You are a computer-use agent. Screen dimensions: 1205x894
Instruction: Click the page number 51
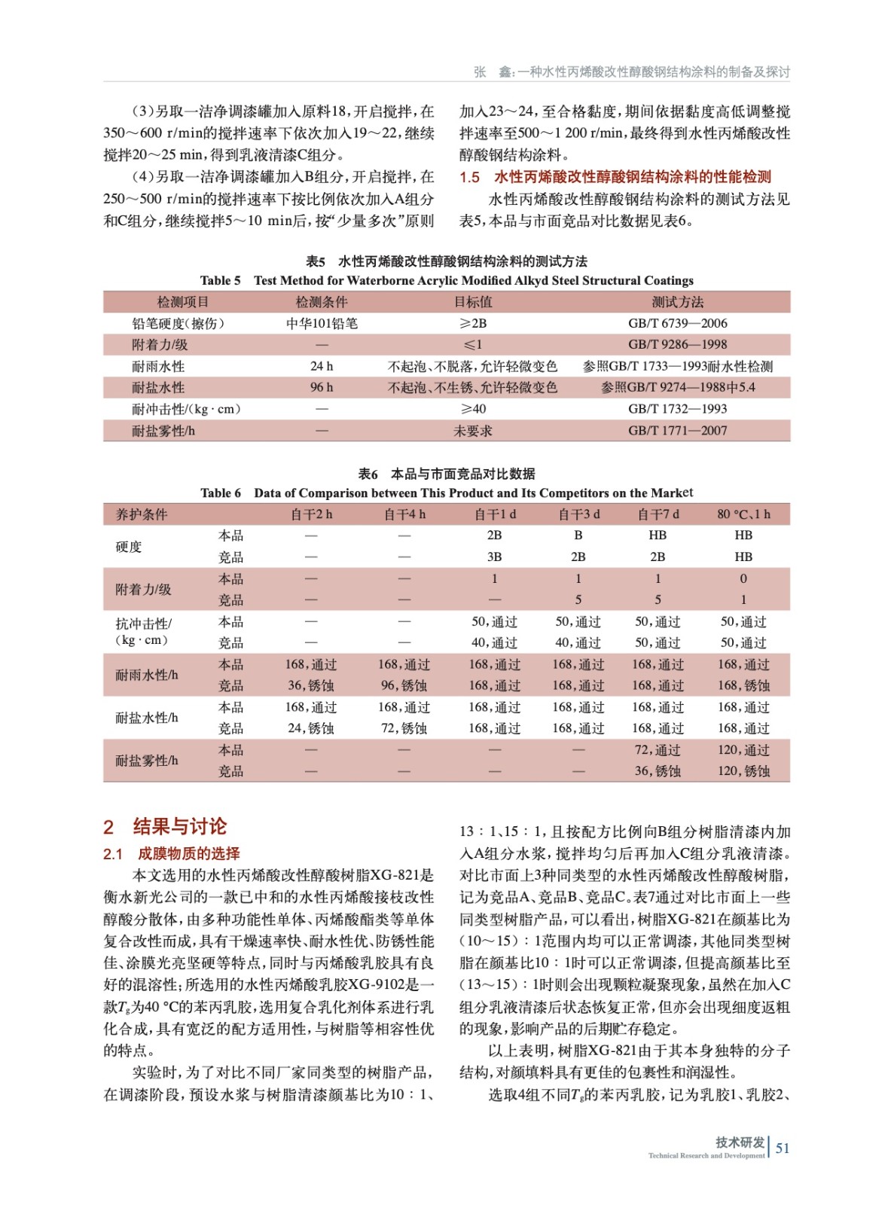point(783,1148)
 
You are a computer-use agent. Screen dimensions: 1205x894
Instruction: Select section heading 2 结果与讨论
point(165,826)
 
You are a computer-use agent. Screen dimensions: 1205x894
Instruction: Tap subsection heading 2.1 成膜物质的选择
point(172,853)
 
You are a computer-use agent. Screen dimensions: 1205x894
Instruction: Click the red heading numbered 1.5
point(615,177)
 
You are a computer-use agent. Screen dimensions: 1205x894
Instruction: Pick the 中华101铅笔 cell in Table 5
point(322,323)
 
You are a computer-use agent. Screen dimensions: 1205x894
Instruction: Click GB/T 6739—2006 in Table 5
point(677,323)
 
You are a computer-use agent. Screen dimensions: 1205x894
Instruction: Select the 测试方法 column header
point(677,302)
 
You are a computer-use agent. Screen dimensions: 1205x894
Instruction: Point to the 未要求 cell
point(473,431)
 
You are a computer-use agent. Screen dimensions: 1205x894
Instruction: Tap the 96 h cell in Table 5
point(322,387)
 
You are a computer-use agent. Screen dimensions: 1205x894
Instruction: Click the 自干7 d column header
point(658,514)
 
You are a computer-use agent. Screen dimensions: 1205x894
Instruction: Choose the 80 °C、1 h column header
point(743,514)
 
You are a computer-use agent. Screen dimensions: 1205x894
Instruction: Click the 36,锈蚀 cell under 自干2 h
point(311,685)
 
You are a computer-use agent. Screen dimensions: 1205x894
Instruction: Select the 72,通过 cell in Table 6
point(658,750)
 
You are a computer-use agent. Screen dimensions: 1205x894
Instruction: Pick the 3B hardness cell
point(494,557)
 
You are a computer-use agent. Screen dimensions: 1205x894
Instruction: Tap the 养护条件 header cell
point(142,514)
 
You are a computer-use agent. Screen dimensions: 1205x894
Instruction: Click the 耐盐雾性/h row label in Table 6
point(147,761)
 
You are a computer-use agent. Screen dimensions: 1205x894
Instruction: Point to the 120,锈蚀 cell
point(743,771)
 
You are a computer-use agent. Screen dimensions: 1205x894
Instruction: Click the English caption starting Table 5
point(447,280)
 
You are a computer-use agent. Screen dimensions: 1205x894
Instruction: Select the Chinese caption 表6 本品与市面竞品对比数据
point(447,474)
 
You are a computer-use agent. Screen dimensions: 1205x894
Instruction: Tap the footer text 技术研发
point(740,1142)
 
